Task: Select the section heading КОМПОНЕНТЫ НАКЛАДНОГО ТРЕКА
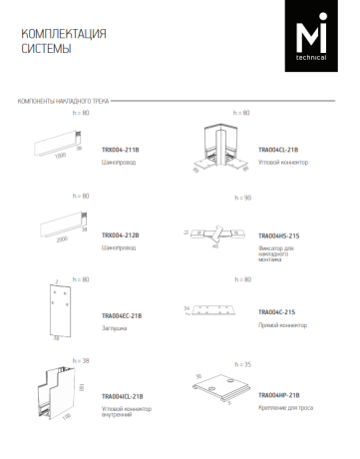(x=64, y=102)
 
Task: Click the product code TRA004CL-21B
(x=278, y=150)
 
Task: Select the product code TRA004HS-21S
(x=278, y=234)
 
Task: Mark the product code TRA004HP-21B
(x=278, y=395)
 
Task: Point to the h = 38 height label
(x=81, y=360)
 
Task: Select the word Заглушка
(x=115, y=326)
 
